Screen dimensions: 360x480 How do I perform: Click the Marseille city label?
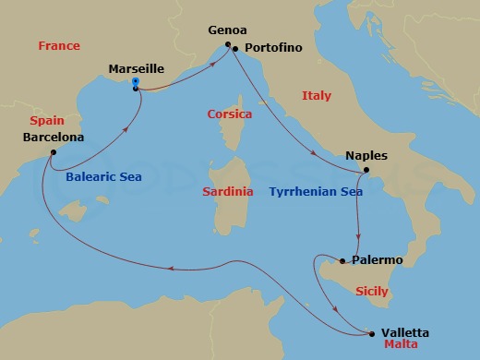[x=138, y=68]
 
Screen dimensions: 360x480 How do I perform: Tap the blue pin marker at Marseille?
[x=136, y=84]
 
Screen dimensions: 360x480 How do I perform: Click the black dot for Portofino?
[x=236, y=48]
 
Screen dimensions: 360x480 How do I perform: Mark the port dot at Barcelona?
[x=54, y=152]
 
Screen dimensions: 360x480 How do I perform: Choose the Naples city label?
[x=366, y=156]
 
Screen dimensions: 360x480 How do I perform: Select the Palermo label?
[x=378, y=260]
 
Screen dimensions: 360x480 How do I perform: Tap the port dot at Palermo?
[x=343, y=261]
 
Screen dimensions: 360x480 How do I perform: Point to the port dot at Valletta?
[x=372, y=333]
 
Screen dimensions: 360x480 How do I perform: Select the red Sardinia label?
[x=227, y=191]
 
